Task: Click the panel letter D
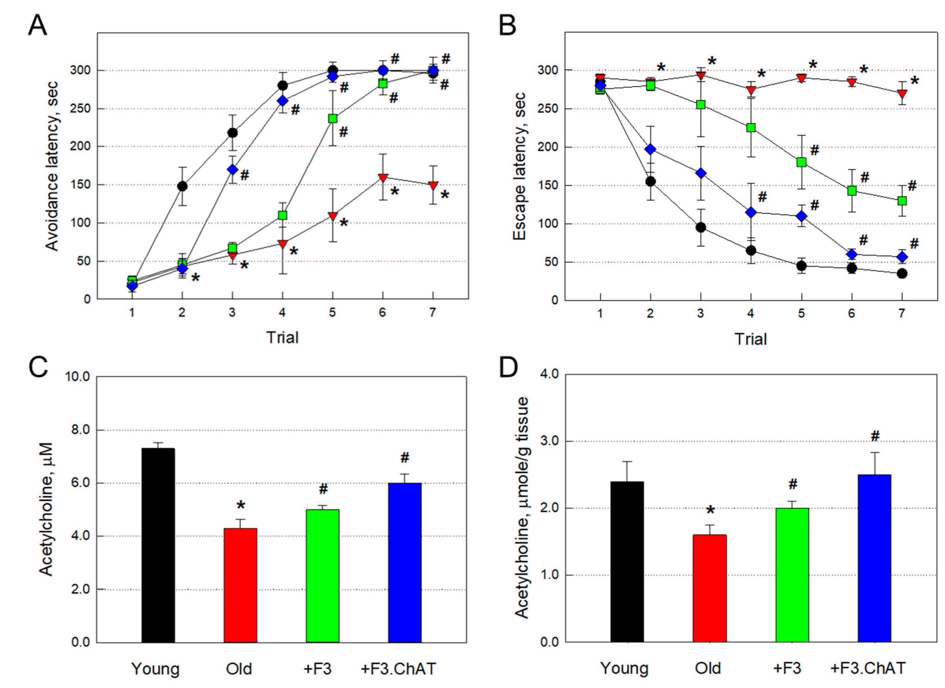[508, 368]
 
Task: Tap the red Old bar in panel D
[710, 588]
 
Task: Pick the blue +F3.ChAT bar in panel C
[405, 562]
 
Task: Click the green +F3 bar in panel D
[792, 575]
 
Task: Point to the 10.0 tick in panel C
[78, 377]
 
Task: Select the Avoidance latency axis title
[52, 166]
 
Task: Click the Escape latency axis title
[520, 167]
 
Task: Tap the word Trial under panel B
[750, 339]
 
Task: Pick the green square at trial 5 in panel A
[333, 118]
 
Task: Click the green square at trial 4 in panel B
[751, 128]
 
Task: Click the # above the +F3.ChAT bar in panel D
[875, 436]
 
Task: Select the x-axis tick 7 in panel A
[432, 312]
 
